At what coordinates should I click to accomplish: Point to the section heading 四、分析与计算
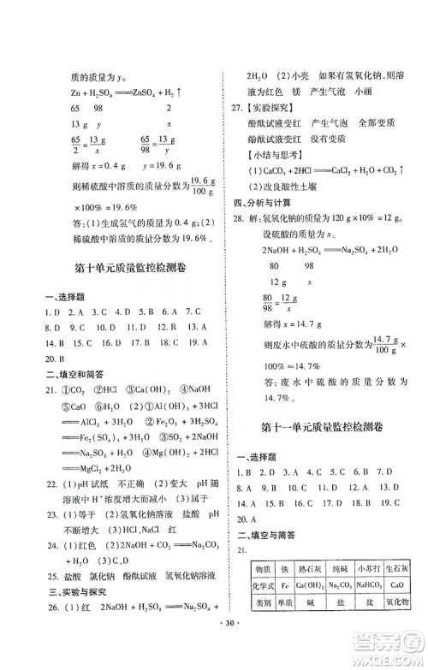tap(260, 203)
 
